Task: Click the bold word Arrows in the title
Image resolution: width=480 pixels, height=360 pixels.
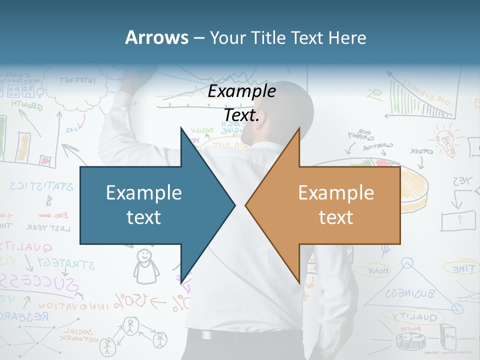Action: tap(156, 37)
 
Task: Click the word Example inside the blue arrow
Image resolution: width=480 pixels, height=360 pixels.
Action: tap(144, 192)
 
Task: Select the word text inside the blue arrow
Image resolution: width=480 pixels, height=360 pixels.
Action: tap(144, 217)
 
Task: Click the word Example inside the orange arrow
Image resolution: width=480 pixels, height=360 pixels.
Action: tap(336, 192)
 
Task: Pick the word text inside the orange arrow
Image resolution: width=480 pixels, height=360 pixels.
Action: tap(336, 217)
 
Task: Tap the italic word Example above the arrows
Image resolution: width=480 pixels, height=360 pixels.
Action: tap(242, 91)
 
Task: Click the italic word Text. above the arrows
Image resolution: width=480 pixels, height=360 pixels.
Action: tap(242, 115)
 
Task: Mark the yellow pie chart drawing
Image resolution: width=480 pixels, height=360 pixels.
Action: tap(414, 187)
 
